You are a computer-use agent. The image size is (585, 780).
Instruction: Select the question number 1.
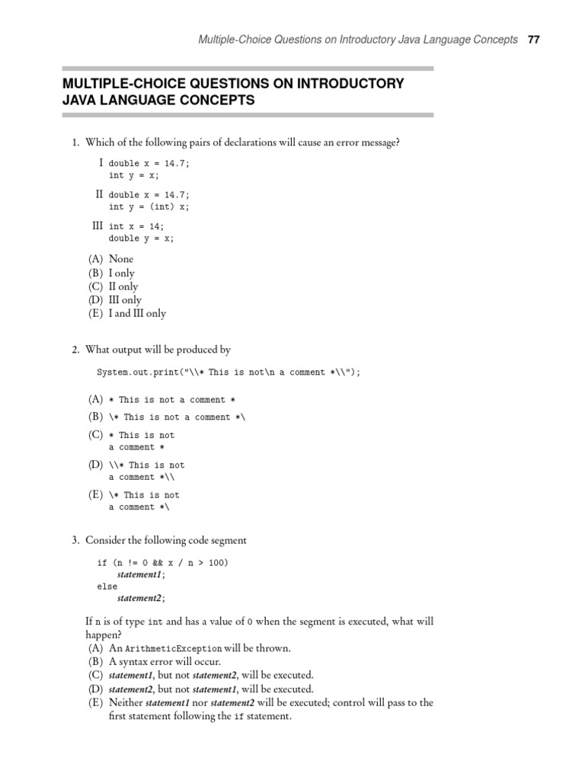(x=75, y=142)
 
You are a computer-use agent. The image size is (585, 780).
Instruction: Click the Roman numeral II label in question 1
(x=99, y=194)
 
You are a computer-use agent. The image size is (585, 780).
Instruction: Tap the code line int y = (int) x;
(x=149, y=206)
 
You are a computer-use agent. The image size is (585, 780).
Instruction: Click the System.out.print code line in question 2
(x=228, y=372)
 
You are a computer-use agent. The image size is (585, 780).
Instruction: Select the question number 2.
(x=75, y=350)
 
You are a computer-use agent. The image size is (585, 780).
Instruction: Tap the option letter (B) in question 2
(x=95, y=417)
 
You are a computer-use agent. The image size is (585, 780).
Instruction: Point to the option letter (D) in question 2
(x=95, y=465)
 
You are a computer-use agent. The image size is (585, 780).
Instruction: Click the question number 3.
(x=75, y=540)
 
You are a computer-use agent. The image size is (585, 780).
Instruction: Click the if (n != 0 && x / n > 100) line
(x=161, y=562)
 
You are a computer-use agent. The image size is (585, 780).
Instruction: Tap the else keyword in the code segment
(x=107, y=587)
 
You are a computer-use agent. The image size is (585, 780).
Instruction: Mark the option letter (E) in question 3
(x=95, y=702)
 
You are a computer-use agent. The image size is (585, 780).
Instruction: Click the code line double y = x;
(x=141, y=238)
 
